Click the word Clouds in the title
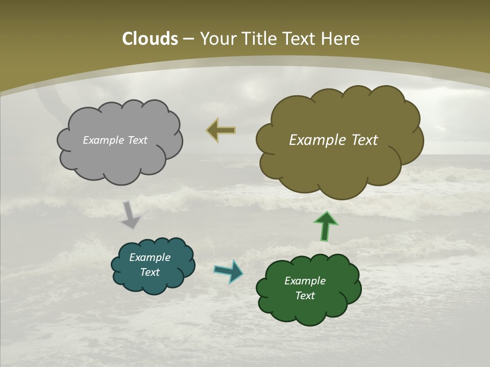click(150, 39)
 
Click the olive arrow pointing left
click(221, 130)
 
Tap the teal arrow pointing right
click(228, 271)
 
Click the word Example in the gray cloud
click(104, 140)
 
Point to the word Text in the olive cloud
click(361, 140)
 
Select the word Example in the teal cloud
click(150, 257)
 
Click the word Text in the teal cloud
click(150, 272)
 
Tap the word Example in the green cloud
click(305, 281)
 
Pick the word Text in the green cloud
click(305, 296)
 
